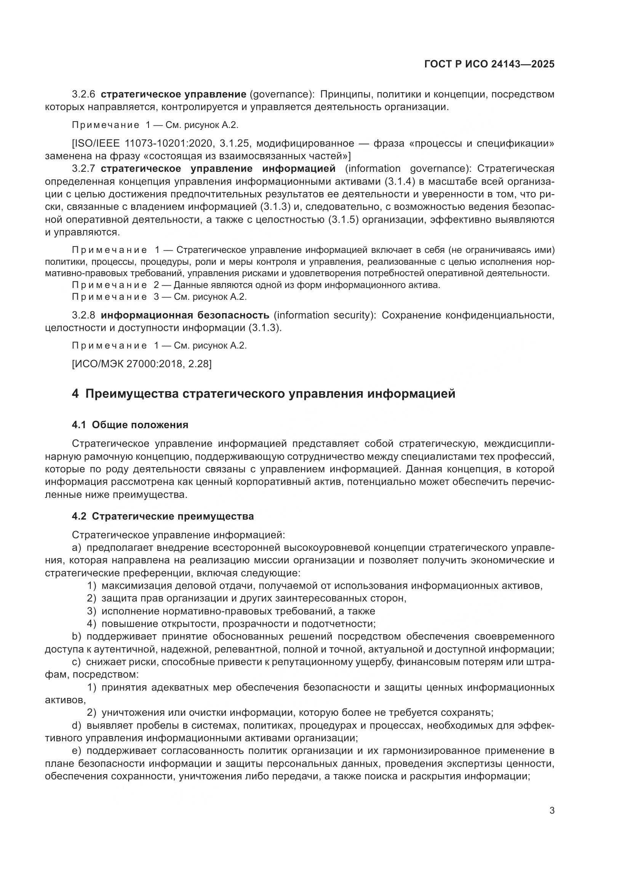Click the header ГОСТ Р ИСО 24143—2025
click(489, 64)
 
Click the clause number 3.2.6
click(83, 94)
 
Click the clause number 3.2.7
click(83, 169)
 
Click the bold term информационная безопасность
click(185, 315)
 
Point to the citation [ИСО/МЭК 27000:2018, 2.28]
click(142, 364)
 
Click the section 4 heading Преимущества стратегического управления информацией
click(264, 394)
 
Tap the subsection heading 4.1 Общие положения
click(130, 425)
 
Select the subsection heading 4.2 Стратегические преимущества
click(163, 517)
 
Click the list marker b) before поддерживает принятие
click(77, 637)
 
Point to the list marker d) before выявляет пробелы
click(77, 725)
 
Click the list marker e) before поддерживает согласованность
click(77, 750)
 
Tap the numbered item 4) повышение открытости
click(231, 624)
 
